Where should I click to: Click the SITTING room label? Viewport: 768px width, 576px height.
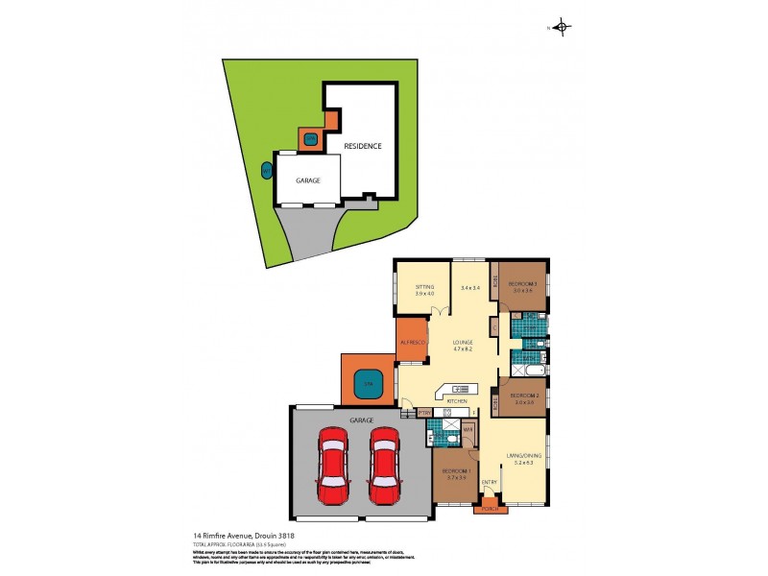(x=424, y=287)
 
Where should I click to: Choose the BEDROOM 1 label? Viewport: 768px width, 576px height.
(x=455, y=471)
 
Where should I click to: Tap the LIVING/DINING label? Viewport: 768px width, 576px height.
(x=524, y=455)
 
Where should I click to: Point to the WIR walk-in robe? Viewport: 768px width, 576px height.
(x=468, y=430)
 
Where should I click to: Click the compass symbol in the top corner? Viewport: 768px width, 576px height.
(x=563, y=28)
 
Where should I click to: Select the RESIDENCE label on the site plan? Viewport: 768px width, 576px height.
(x=364, y=146)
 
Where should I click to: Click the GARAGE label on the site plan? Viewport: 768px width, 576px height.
(x=307, y=180)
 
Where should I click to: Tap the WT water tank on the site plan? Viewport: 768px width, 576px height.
(x=266, y=172)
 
